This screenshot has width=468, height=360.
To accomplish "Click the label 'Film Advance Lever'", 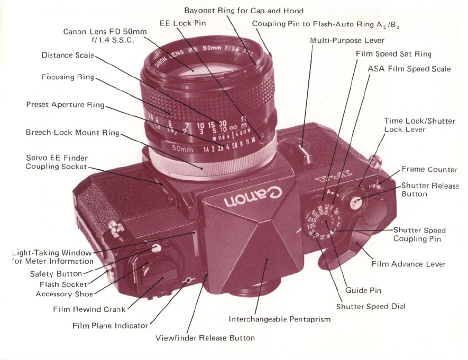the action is click(x=408, y=264).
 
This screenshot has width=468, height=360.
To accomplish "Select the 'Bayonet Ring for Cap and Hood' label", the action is click(x=244, y=11).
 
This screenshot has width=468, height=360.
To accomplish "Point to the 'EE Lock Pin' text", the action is click(x=182, y=23).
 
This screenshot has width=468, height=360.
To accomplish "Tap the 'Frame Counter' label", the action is click(x=429, y=170).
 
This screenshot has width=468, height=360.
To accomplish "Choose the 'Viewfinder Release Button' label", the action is click(x=205, y=338).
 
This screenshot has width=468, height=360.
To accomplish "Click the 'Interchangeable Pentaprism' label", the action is click(x=279, y=319).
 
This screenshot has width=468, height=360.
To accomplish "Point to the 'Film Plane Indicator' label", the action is click(x=110, y=326).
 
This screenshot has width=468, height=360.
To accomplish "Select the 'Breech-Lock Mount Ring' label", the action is click(x=72, y=133).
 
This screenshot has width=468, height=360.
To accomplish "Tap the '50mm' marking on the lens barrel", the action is click(x=183, y=149).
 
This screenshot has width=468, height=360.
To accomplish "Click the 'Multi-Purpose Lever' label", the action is click(x=347, y=40).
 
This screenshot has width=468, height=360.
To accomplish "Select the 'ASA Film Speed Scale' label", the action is click(x=409, y=69).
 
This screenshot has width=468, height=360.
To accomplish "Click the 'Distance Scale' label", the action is click(x=68, y=55).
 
